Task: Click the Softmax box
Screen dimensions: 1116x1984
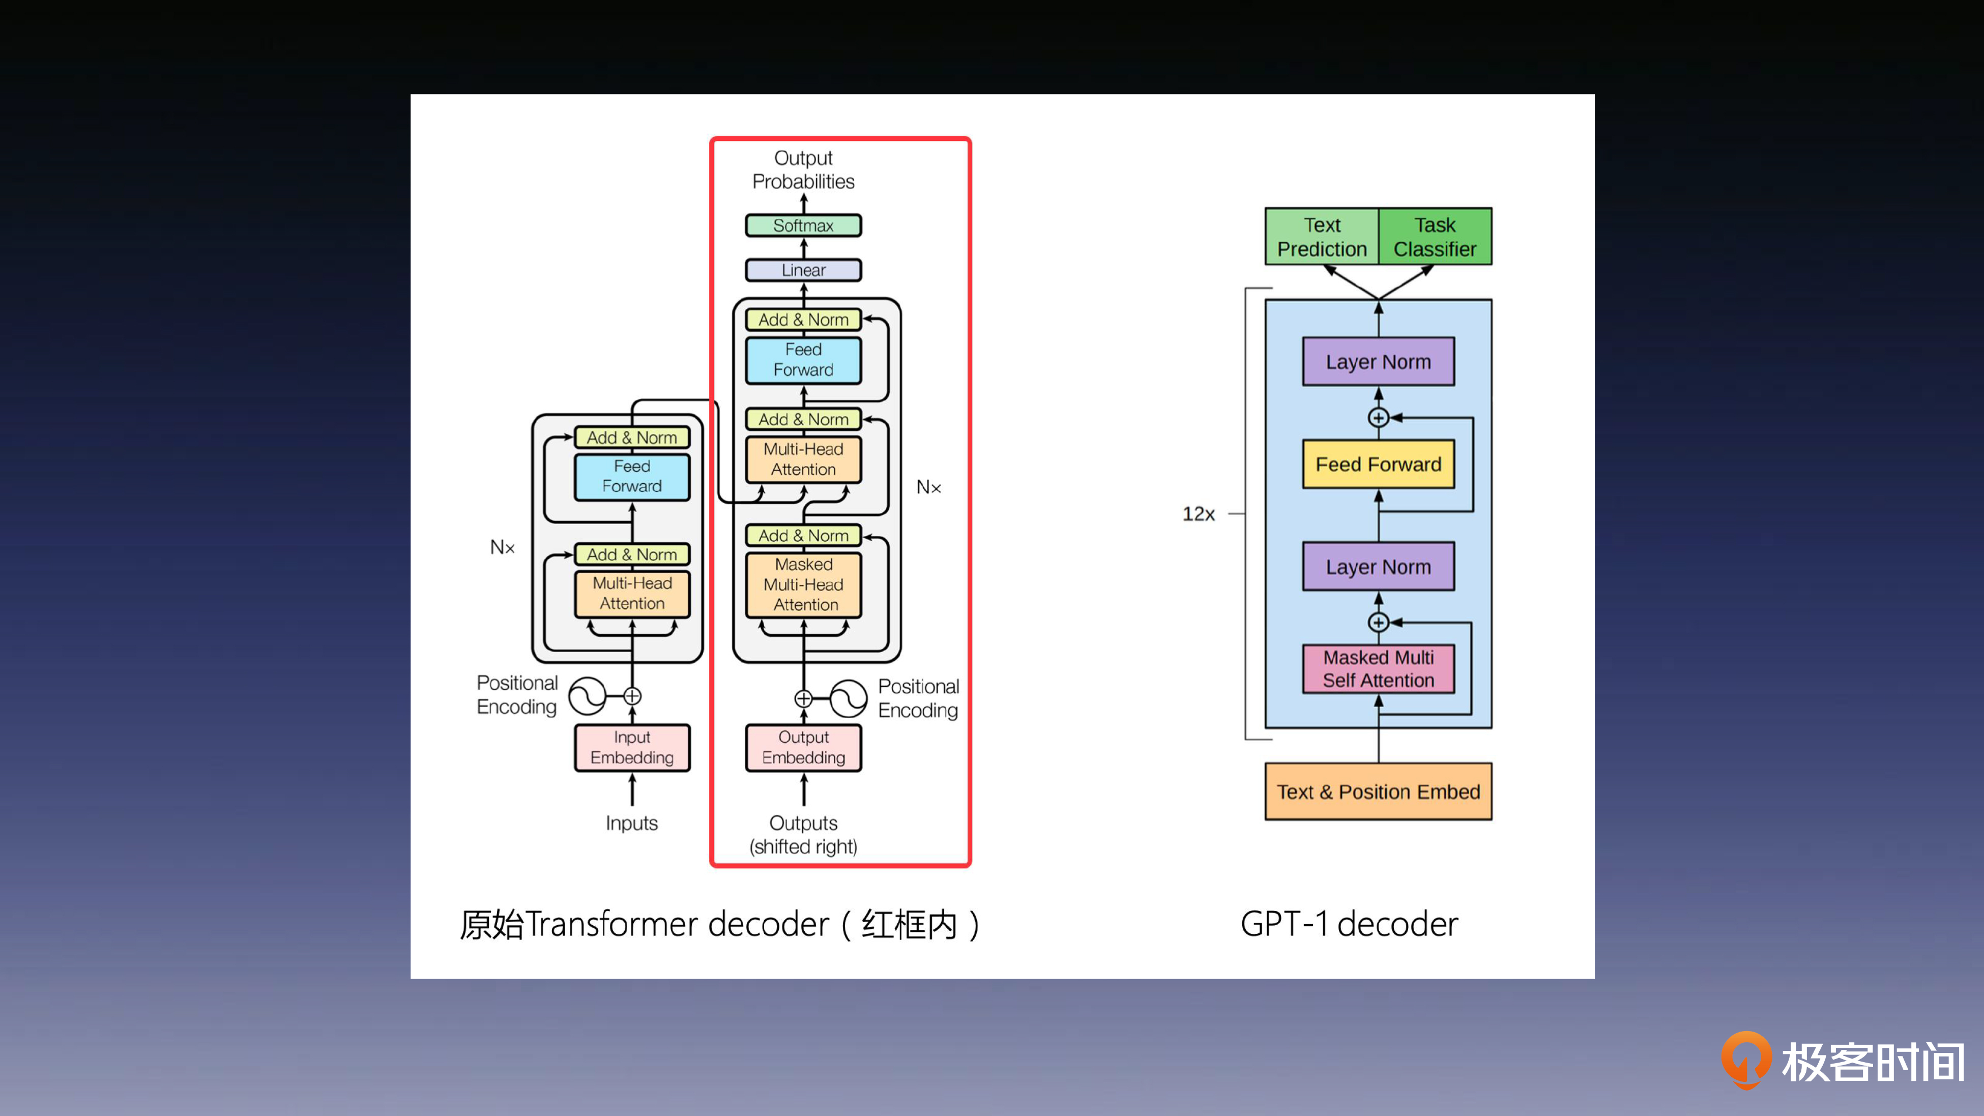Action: click(x=803, y=226)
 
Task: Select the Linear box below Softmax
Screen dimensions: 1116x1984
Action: click(x=803, y=270)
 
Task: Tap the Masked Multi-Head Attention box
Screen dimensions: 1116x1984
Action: click(x=803, y=584)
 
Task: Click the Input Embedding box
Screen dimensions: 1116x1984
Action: click(x=631, y=747)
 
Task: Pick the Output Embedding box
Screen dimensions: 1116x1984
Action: click(x=803, y=747)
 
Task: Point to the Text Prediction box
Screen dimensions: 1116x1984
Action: click(x=1322, y=237)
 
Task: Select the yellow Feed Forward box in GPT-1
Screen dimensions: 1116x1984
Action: click(x=1378, y=464)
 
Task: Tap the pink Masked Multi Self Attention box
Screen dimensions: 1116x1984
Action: click(x=1378, y=668)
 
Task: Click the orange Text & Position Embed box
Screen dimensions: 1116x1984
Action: click(x=1378, y=792)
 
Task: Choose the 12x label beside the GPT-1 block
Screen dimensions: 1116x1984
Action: click(x=1199, y=514)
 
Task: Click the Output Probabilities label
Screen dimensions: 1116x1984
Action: click(x=803, y=169)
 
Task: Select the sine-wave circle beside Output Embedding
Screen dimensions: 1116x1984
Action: click(x=848, y=698)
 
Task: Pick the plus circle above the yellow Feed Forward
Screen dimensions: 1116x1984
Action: click(x=1378, y=418)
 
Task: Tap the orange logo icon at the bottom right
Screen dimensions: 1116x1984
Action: click(x=1745, y=1060)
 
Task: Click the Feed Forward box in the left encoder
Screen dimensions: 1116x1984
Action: click(x=631, y=477)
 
